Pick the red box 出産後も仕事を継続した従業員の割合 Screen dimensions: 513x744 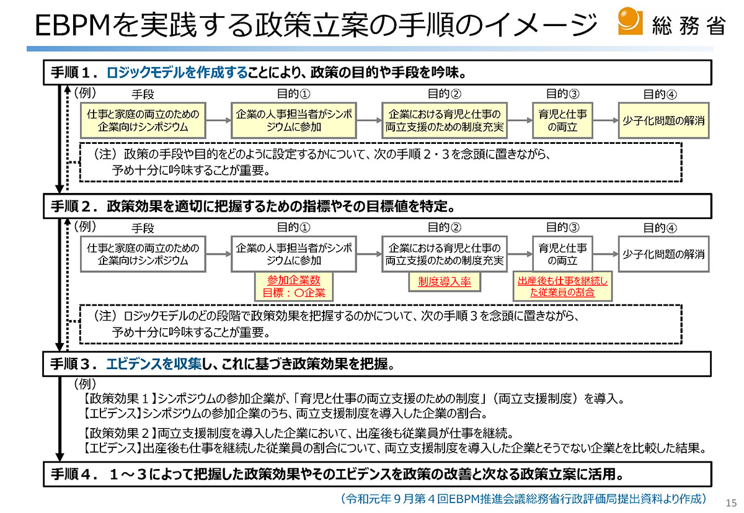[562, 287]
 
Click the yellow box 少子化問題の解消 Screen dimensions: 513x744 [663, 120]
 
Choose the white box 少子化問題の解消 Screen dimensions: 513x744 [663, 254]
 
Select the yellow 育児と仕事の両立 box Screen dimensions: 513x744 [562, 120]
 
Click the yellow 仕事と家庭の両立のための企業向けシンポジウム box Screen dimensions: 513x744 [143, 120]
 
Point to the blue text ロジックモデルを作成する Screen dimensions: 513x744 [177, 73]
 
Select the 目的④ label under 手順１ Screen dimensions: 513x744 [660, 94]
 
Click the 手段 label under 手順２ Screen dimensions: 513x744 [143, 228]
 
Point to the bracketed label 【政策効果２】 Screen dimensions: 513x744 [119, 433]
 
